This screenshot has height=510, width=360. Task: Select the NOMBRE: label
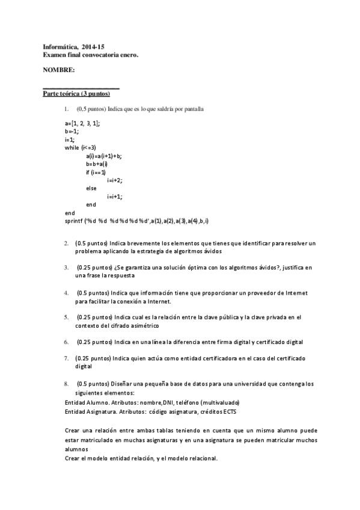(59, 70)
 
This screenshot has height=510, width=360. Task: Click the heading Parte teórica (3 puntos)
(76, 94)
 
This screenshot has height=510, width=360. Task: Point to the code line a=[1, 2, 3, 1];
(82, 123)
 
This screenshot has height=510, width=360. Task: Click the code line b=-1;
(72, 131)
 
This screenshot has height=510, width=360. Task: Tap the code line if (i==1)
(96, 172)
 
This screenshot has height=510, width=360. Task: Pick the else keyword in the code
(91, 188)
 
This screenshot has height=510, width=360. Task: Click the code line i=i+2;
(115, 180)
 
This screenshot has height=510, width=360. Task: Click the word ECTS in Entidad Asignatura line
(202, 411)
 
